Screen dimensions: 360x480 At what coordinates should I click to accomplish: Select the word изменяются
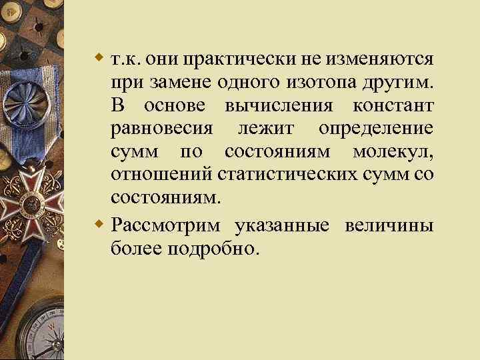click(x=381, y=60)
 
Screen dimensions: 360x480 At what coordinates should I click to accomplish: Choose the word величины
click(x=389, y=224)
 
